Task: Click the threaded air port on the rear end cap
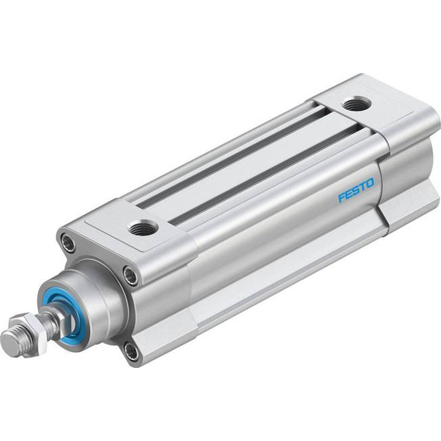click(x=356, y=105)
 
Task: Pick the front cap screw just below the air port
click(x=130, y=276)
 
